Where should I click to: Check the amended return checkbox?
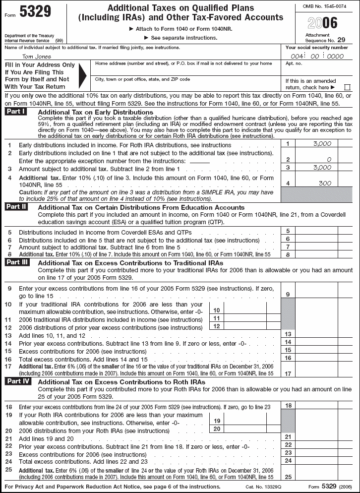coord(347,87)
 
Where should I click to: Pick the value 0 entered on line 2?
coord(329,160)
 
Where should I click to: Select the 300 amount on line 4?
coord(325,183)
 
